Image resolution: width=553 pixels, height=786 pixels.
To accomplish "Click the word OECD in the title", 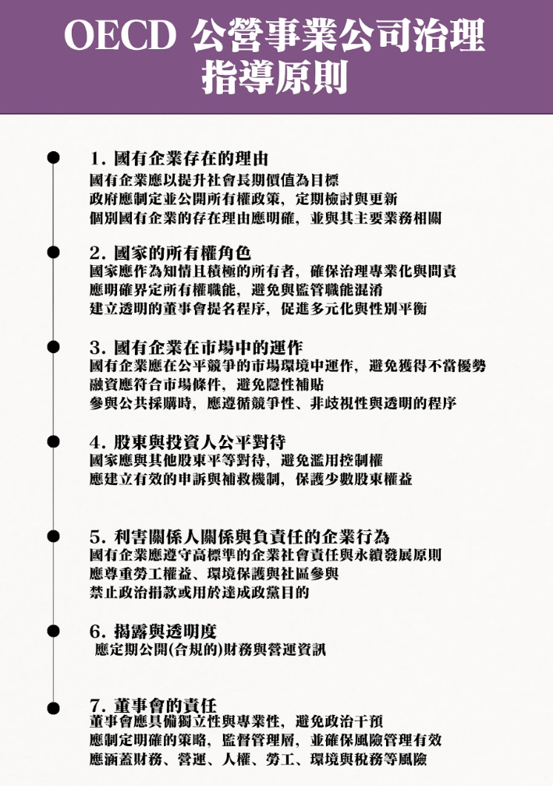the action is click(x=120, y=36).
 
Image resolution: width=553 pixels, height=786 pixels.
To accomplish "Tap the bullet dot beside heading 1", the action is click(x=53, y=158).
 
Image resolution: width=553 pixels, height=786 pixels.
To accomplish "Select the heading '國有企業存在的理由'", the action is click(x=191, y=158).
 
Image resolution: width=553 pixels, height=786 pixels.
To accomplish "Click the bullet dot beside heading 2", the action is click(x=53, y=252).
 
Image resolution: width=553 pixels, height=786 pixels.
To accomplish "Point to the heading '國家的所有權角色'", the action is click(x=183, y=253).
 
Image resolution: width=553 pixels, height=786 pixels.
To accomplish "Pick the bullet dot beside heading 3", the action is click(x=53, y=347).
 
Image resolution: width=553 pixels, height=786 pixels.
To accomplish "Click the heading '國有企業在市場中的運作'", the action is click(x=208, y=348).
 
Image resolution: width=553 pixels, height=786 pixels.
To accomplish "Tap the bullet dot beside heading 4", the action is click(x=53, y=441).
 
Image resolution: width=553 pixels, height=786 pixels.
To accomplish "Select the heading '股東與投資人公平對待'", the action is click(x=200, y=442).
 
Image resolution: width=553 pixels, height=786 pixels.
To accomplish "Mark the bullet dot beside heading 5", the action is click(x=53, y=536).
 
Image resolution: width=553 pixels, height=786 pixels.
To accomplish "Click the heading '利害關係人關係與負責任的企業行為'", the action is click(x=252, y=536).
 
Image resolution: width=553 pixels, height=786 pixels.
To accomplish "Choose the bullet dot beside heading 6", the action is click(x=53, y=631).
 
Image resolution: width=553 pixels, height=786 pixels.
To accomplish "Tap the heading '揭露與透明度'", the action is click(x=165, y=631).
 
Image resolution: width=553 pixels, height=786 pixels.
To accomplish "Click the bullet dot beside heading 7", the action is click(x=53, y=708).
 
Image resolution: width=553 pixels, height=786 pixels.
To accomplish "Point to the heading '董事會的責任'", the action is click(x=165, y=705).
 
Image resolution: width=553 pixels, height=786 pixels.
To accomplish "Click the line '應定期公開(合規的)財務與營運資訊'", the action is click(x=210, y=650).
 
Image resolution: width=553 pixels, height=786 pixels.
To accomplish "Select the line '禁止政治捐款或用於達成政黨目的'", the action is click(x=199, y=593).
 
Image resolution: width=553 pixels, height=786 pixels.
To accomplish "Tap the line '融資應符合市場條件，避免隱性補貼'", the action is click(x=207, y=384).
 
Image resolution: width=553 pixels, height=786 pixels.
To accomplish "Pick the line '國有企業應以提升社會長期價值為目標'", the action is click(x=214, y=180).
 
